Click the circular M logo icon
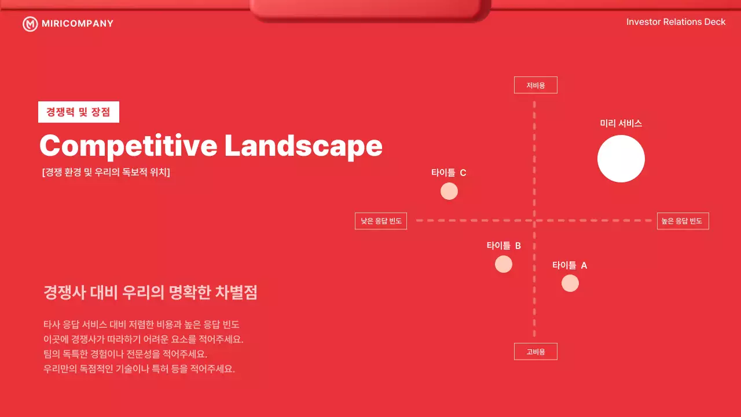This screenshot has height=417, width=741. click(30, 24)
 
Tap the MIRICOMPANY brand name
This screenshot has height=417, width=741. click(78, 24)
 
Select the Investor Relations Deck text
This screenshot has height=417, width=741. click(676, 22)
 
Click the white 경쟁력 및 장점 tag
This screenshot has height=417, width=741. click(79, 112)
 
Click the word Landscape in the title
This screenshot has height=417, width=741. click(303, 146)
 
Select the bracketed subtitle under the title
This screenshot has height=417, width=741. click(106, 173)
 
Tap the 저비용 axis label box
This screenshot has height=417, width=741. click(535, 85)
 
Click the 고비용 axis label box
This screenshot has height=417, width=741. click(535, 352)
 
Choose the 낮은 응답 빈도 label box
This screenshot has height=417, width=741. click(381, 221)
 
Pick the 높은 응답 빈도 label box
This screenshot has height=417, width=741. click(683, 221)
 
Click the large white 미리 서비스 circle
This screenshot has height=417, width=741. click(621, 159)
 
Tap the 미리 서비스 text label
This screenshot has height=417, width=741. click(621, 123)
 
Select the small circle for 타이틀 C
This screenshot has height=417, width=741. click(449, 191)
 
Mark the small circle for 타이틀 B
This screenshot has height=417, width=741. click(504, 264)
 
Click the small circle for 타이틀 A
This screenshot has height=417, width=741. click(570, 283)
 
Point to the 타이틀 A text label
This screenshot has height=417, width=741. click(570, 265)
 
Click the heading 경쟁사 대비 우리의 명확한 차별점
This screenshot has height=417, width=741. click(151, 292)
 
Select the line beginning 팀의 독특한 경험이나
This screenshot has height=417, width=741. click(125, 354)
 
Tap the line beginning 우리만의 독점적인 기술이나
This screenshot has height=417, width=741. click(139, 369)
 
